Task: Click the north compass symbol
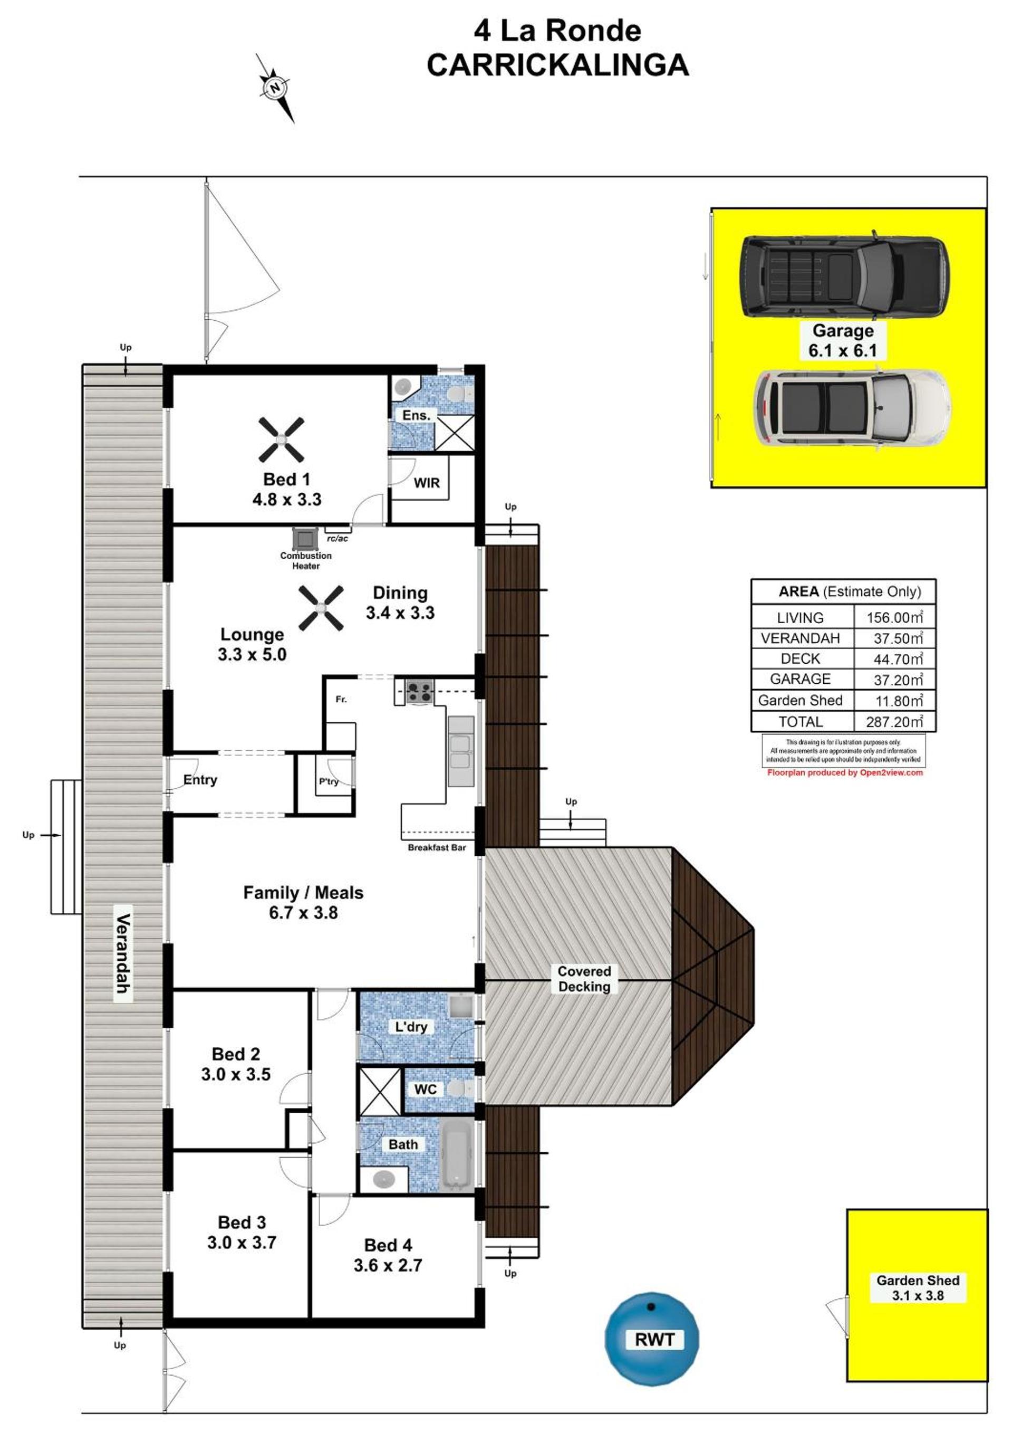(275, 88)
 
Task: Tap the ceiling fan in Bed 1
(282, 440)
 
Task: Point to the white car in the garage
(852, 409)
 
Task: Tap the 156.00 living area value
(894, 617)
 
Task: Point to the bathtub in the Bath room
(457, 1154)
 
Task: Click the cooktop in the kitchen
(419, 691)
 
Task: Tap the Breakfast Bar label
(437, 847)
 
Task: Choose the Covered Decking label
(584, 979)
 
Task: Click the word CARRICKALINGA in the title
(558, 65)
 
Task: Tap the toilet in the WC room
(459, 1089)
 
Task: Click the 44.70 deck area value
(897, 659)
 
